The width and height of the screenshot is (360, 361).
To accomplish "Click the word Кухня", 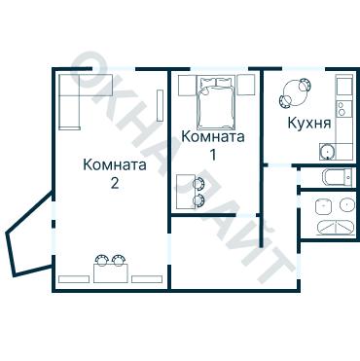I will point(309,125).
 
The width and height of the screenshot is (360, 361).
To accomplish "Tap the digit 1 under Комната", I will point(212,154).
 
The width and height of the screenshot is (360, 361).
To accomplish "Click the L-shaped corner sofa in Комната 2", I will point(71,97).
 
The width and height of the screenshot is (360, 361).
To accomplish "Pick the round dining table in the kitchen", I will point(293,95).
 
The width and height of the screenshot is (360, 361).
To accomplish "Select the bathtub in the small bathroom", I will point(336,177).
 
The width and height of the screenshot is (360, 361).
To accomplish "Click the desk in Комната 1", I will point(185,190).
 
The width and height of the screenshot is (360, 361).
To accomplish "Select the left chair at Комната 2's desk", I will point(102,260).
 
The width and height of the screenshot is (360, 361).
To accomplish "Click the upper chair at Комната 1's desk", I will point(199,183).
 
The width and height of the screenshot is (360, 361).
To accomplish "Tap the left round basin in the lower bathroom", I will point(322,205).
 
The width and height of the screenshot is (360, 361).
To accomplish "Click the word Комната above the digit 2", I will point(115,164).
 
